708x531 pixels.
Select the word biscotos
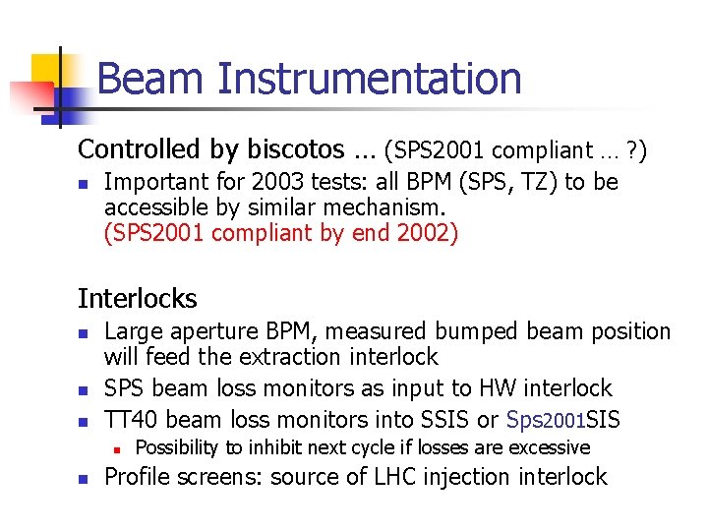[290, 149]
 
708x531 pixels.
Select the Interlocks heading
[138, 299]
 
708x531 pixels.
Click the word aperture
[210, 332]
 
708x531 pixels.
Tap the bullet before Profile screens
[86, 480]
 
